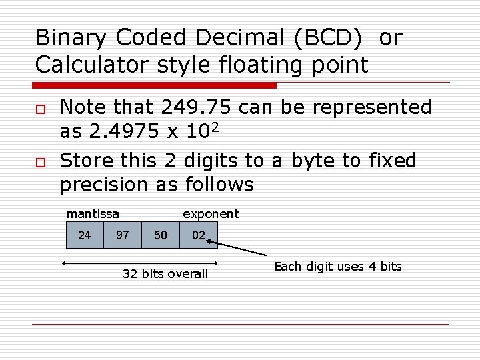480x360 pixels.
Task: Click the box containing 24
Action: pyautogui.click(x=85, y=235)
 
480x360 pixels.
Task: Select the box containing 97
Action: pyautogui.click(x=123, y=235)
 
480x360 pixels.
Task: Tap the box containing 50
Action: pyautogui.click(x=161, y=235)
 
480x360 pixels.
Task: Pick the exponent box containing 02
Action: pyautogui.click(x=199, y=235)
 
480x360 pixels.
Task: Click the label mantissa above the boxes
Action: pyautogui.click(x=93, y=214)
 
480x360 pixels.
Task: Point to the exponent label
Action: pyautogui.click(x=211, y=214)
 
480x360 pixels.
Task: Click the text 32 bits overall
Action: pyautogui.click(x=165, y=274)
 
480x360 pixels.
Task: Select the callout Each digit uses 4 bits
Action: pyautogui.click(x=338, y=267)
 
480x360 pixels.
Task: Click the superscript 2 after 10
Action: pyautogui.click(x=215, y=126)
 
